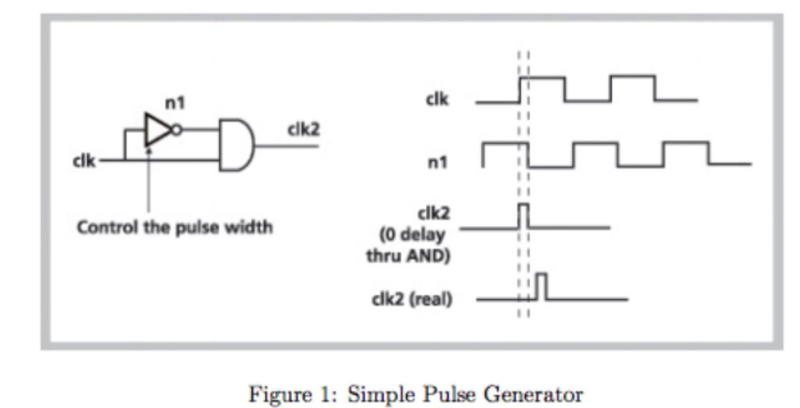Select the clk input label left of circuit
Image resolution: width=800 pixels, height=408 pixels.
coord(84,161)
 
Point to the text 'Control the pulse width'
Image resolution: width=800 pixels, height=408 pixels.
coord(174,228)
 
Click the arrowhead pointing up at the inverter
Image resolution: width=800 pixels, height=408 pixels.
coord(148,149)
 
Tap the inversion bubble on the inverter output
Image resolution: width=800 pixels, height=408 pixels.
coord(178,130)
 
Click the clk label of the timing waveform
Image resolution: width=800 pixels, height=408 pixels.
coord(437,100)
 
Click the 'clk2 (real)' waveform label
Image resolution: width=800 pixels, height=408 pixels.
coord(413,299)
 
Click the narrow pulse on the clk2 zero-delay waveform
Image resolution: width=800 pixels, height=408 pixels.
coord(523,215)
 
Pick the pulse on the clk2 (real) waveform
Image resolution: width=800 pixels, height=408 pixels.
coord(541,286)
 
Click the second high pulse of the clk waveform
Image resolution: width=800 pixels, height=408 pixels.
coord(633,88)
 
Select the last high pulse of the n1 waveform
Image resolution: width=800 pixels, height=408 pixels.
coord(686,152)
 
